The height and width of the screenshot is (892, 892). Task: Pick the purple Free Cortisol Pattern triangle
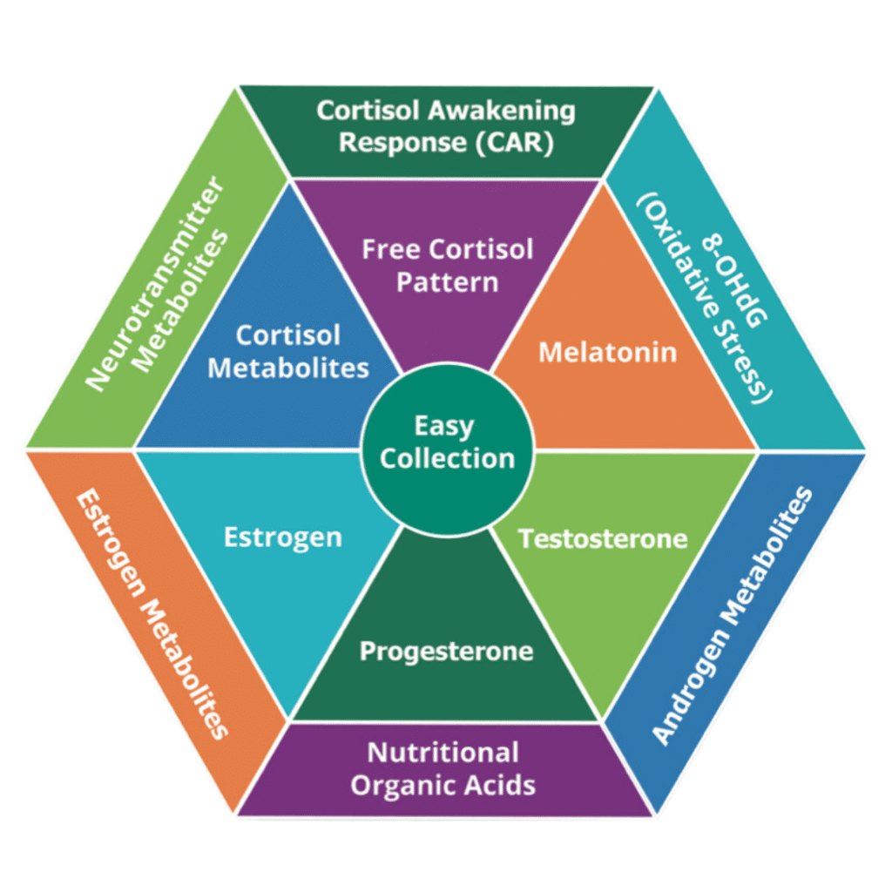tap(447, 266)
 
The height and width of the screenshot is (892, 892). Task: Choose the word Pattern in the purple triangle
tap(447, 282)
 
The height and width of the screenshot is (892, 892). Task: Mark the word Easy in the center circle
tap(444, 427)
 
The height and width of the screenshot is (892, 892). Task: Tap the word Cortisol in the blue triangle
tap(288, 336)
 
